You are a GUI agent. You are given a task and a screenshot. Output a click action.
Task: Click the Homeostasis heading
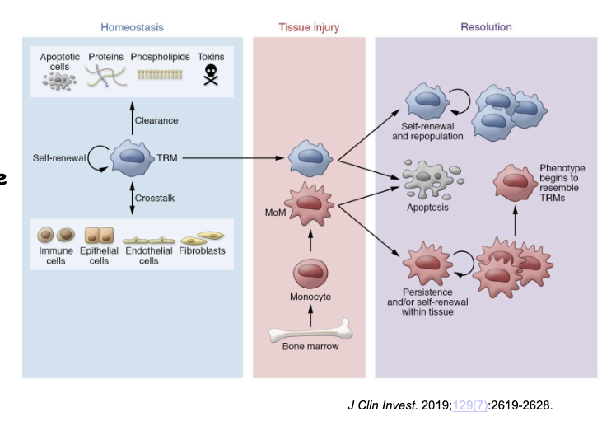click(x=132, y=27)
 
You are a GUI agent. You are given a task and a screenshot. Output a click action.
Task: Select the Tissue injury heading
click(x=308, y=27)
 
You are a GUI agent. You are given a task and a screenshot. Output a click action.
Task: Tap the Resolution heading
click(x=485, y=27)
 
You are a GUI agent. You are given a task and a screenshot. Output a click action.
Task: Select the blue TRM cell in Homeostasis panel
click(x=132, y=157)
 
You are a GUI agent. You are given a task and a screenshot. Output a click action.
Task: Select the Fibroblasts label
click(x=203, y=250)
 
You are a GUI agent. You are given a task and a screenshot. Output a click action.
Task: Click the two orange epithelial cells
click(x=99, y=234)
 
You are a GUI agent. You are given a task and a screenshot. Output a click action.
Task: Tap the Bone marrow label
click(x=310, y=347)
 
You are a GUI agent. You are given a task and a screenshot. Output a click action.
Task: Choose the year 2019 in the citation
click(x=435, y=404)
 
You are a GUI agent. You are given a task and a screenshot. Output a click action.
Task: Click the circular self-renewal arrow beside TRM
click(x=98, y=157)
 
